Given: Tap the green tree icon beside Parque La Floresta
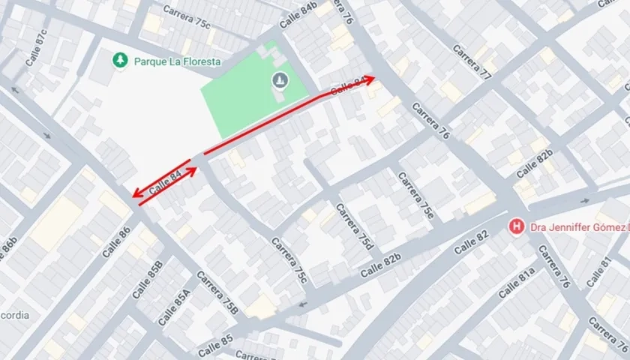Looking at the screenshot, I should [118, 59].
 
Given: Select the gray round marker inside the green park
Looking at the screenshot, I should [280, 79].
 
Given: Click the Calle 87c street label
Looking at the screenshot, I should [35, 47].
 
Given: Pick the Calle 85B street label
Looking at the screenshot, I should [148, 279].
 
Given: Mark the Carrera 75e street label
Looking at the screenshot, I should [415, 195].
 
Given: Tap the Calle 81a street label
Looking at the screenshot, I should [517, 283].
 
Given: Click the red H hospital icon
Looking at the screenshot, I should [516, 226].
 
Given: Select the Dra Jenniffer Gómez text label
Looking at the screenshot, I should [577, 226].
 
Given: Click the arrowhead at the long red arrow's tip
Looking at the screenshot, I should [369, 79].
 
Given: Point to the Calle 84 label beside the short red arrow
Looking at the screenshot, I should [166, 184].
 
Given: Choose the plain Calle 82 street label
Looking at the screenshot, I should [471, 244].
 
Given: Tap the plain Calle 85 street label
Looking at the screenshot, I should [216, 346].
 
